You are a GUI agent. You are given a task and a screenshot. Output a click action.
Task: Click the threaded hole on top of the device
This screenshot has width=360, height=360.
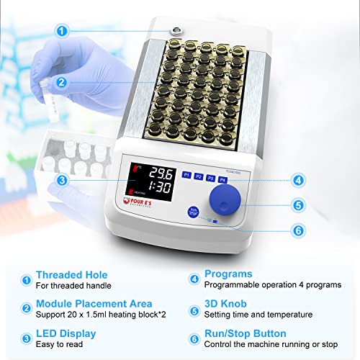tap(175, 30)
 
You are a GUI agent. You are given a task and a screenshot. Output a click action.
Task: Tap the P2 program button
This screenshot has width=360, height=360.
tap(199, 176)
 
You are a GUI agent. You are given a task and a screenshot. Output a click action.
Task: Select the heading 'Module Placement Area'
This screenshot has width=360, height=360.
tap(94, 305)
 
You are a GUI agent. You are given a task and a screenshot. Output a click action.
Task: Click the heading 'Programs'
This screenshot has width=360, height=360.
tap(228, 274)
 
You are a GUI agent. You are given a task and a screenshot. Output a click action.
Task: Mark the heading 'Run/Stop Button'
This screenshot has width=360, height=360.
tap(245, 333)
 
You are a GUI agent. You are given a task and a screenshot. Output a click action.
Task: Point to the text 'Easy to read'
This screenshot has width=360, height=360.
tap(59, 345)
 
